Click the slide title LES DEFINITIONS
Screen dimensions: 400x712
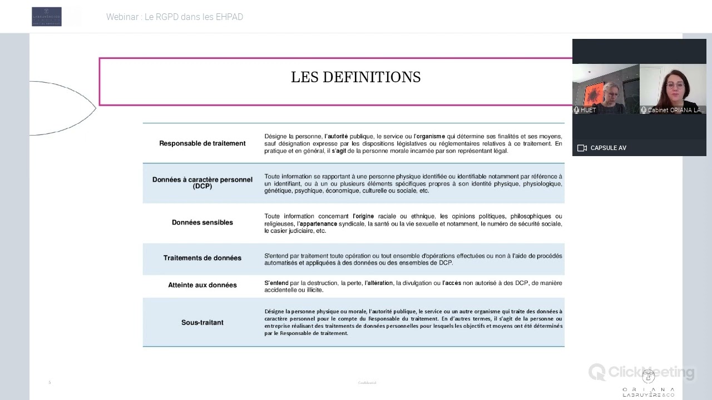click(355, 77)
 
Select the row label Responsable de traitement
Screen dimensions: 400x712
click(202, 143)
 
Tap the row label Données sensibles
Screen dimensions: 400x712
click(202, 222)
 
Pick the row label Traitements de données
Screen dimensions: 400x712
click(202, 258)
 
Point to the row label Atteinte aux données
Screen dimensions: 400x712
click(202, 285)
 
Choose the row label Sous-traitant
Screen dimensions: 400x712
click(202, 322)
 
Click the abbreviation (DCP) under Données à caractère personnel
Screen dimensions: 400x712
click(202, 187)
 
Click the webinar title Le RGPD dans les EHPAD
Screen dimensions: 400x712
click(175, 17)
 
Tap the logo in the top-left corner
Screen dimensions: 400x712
click(47, 17)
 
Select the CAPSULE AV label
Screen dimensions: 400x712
click(608, 148)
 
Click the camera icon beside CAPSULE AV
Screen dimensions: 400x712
click(582, 148)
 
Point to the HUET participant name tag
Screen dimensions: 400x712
click(588, 110)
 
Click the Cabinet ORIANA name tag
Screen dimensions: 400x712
click(676, 110)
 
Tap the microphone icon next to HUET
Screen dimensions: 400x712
click(577, 110)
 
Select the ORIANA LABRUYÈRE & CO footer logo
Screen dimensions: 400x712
click(648, 387)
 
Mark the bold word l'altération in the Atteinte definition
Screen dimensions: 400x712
click(379, 283)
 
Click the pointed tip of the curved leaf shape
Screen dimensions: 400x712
click(96, 108)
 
